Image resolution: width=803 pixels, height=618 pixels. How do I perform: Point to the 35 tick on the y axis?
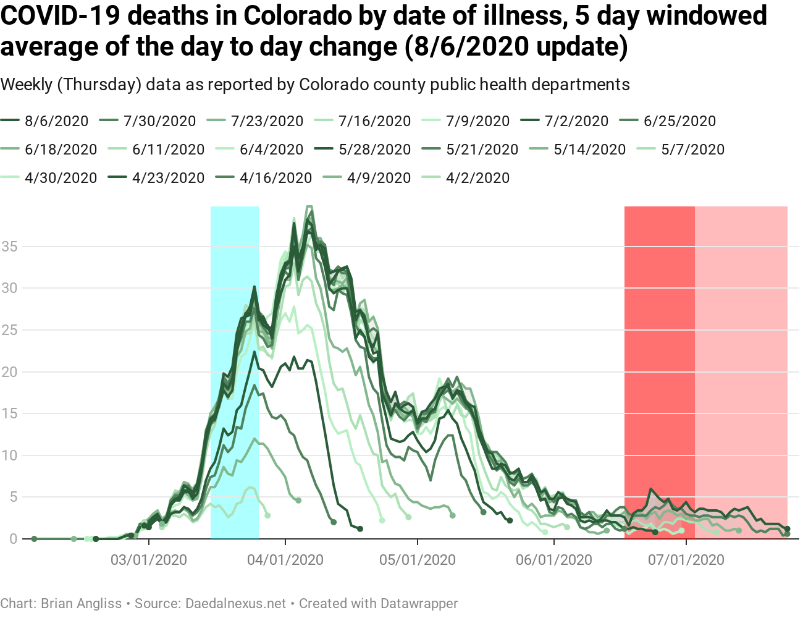(x=10, y=247)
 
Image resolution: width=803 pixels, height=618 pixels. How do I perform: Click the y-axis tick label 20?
(x=10, y=372)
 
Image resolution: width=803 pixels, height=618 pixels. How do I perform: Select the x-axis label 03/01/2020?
(x=149, y=561)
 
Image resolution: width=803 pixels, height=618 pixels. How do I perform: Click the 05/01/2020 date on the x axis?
(x=418, y=561)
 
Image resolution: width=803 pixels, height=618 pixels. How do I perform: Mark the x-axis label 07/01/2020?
(x=686, y=561)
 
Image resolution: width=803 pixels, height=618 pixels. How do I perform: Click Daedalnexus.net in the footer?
(x=236, y=603)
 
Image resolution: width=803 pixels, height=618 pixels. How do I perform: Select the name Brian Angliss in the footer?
(x=81, y=603)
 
